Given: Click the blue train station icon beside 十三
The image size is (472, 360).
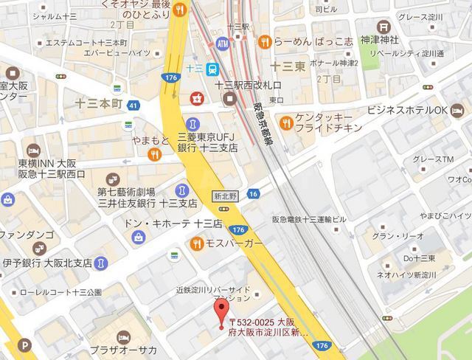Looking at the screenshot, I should tap(212, 69).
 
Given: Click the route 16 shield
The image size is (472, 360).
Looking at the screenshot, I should tap(253, 193).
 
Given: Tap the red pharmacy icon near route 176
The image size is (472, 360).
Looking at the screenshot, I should tap(196, 97).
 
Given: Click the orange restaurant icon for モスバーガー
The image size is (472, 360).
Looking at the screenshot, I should tap(198, 243).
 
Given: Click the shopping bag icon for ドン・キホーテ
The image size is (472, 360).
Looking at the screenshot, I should tap(139, 236).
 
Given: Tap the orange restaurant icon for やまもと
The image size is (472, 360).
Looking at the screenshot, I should tap(154, 154).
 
